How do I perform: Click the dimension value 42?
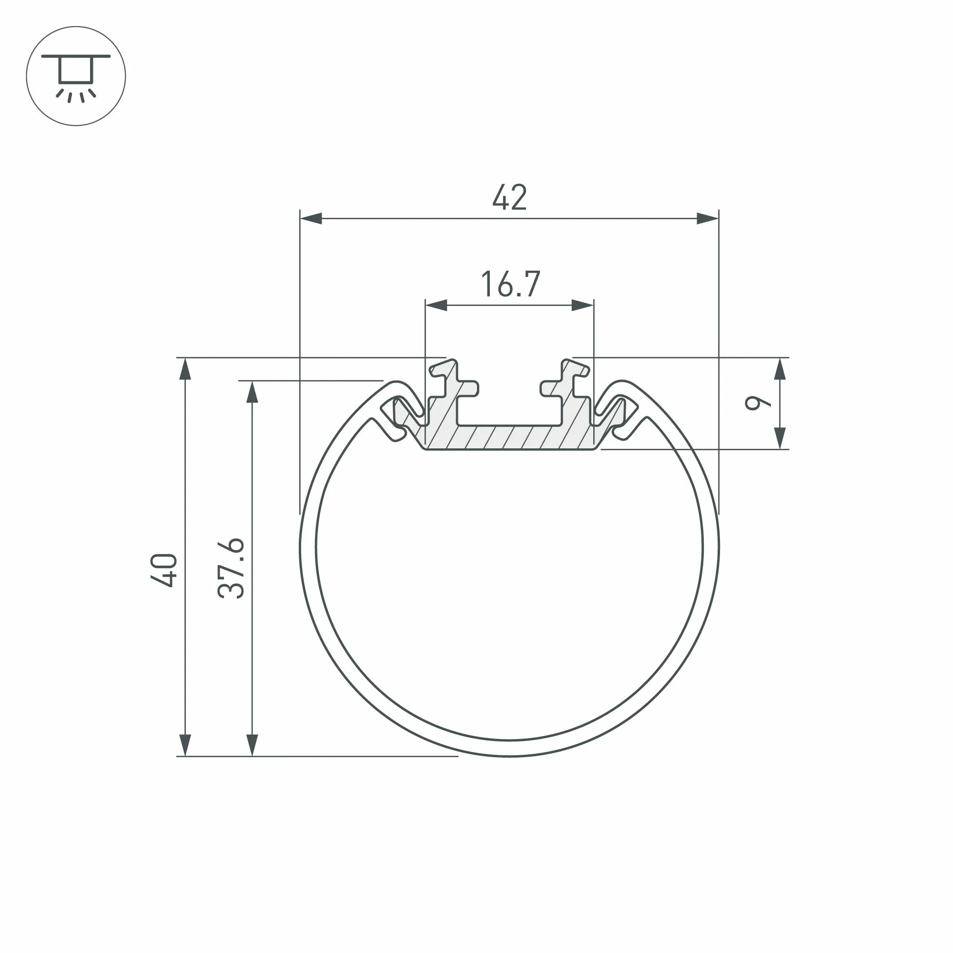(x=509, y=198)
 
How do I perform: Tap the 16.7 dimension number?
(x=510, y=284)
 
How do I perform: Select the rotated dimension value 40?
(x=164, y=571)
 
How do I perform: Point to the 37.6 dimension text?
(x=231, y=569)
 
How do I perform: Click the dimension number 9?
(x=757, y=403)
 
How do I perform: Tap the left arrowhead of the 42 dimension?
(x=312, y=219)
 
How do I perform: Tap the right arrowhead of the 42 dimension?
(x=707, y=219)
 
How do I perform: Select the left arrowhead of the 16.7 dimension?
(x=436, y=305)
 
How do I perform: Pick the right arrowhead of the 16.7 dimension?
(x=583, y=305)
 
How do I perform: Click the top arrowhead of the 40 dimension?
(x=185, y=369)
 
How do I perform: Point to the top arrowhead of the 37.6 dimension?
(x=252, y=392)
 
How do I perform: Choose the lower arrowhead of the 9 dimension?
(x=780, y=438)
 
